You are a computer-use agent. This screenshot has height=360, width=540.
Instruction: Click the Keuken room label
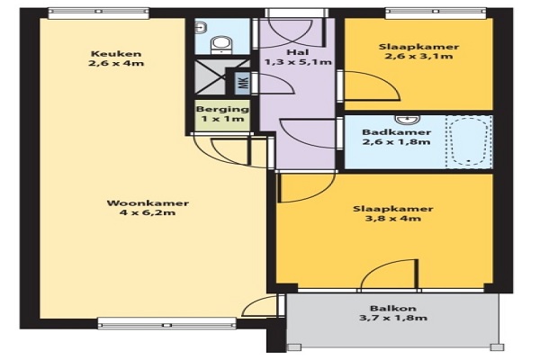pyautogui.click(x=116, y=54)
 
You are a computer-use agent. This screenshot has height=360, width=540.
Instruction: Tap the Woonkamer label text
pyautogui.click(x=148, y=202)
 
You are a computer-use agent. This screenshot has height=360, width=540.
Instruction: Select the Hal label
pyautogui.click(x=298, y=52)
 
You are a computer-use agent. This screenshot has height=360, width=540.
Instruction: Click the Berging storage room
pyautogui.click(x=222, y=115)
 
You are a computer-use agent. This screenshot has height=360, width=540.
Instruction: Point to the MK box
pyautogui.click(x=243, y=83)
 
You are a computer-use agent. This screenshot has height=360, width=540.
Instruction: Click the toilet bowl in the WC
pyautogui.click(x=220, y=44)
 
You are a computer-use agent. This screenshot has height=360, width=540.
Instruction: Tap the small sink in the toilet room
pyautogui.click(x=201, y=27)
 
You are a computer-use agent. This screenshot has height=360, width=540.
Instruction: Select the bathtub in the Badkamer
pyautogui.click(x=469, y=142)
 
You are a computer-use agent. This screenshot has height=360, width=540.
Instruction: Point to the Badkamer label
pyautogui.click(x=396, y=132)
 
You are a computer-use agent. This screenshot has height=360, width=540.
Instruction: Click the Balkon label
pyautogui.click(x=393, y=308)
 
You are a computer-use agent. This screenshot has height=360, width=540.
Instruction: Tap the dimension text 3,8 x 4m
pyautogui.click(x=392, y=218)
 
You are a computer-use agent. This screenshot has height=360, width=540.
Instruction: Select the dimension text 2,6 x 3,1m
pyautogui.click(x=418, y=56)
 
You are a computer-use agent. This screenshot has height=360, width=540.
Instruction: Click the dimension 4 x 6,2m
pyautogui.click(x=148, y=212)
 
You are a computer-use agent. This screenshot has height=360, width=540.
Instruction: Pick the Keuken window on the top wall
pyautogui.click(x=98, y=13)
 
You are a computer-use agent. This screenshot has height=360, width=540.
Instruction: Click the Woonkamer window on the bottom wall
pyautogui.click(x=167, y=323)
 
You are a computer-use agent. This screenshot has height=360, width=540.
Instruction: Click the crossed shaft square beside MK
pyautogui.click(x=211, y=77)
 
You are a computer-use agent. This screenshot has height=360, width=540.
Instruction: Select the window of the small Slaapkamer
pyautogui.click(x=436, y=13)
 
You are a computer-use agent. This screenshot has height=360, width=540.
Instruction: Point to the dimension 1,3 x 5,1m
pyautogui.click(x=298, y=62)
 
